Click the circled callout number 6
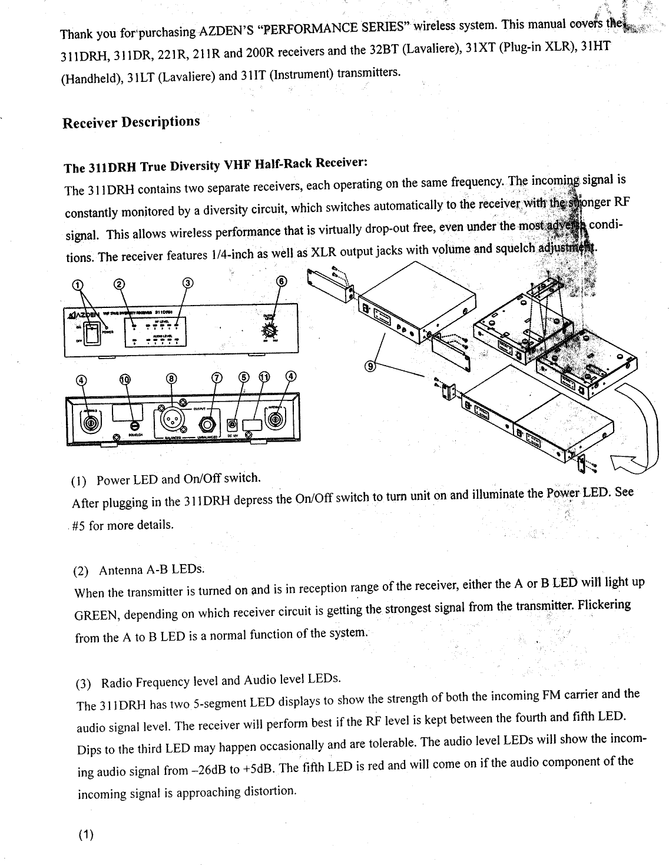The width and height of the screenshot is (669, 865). (281, 282)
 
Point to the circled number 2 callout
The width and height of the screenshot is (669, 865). (119, 284)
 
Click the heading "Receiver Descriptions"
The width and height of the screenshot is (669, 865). (131, 122)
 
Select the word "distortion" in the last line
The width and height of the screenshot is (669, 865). (264, 791)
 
